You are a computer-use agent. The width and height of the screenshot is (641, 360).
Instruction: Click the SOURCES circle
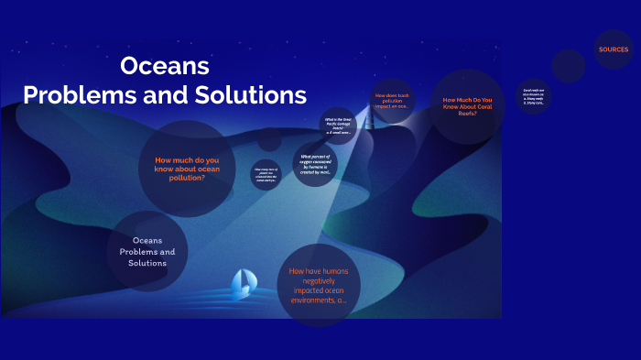tap(614, 49)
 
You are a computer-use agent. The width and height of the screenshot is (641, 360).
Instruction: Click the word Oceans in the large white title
tap(165, 67)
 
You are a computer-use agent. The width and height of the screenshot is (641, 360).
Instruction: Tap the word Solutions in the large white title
tap(256, 95)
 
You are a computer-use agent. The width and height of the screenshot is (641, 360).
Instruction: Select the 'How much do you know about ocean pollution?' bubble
tap(187, 169)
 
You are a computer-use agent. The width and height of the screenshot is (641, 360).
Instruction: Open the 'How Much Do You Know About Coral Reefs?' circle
tap(467, 106)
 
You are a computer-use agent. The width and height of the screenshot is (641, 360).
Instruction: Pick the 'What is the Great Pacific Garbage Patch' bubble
tap(339, 125)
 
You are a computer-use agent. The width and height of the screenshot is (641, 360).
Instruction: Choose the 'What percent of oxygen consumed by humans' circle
tap(315, 164)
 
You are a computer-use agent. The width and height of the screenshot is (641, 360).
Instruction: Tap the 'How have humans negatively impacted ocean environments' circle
tap(319, 285)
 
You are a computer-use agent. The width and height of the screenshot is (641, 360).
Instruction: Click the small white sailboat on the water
tap(244, 285)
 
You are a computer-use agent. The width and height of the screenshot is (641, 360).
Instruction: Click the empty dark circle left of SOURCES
tap(568, 66)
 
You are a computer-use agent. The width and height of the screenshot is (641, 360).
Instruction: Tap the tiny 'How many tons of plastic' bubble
tap(266, 174)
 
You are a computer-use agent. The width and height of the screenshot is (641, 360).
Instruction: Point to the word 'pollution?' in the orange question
tap(187, 178)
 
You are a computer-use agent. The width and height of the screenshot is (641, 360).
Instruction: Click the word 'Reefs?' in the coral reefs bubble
tap(467, 114)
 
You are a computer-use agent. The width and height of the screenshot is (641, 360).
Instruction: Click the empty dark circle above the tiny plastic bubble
tap(269, 139)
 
